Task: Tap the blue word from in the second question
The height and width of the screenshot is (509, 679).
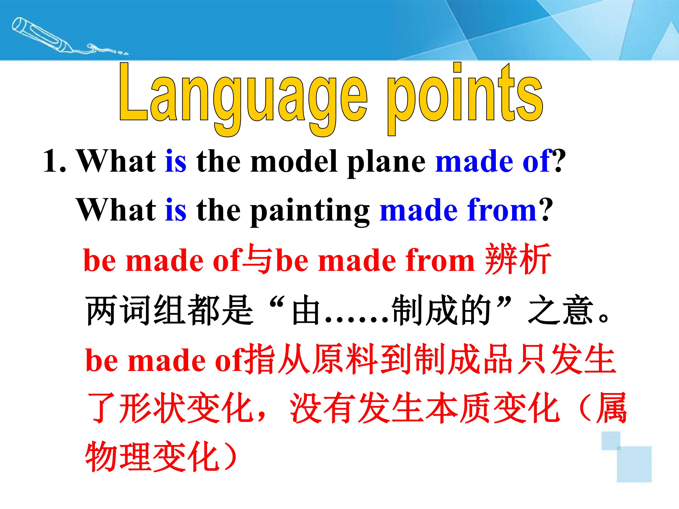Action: [502, 210]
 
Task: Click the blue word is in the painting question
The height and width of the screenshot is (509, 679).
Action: [176, 210]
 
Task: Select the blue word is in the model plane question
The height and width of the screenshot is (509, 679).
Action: [176, 161]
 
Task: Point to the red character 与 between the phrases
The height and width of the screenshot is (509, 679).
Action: [257, 259]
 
